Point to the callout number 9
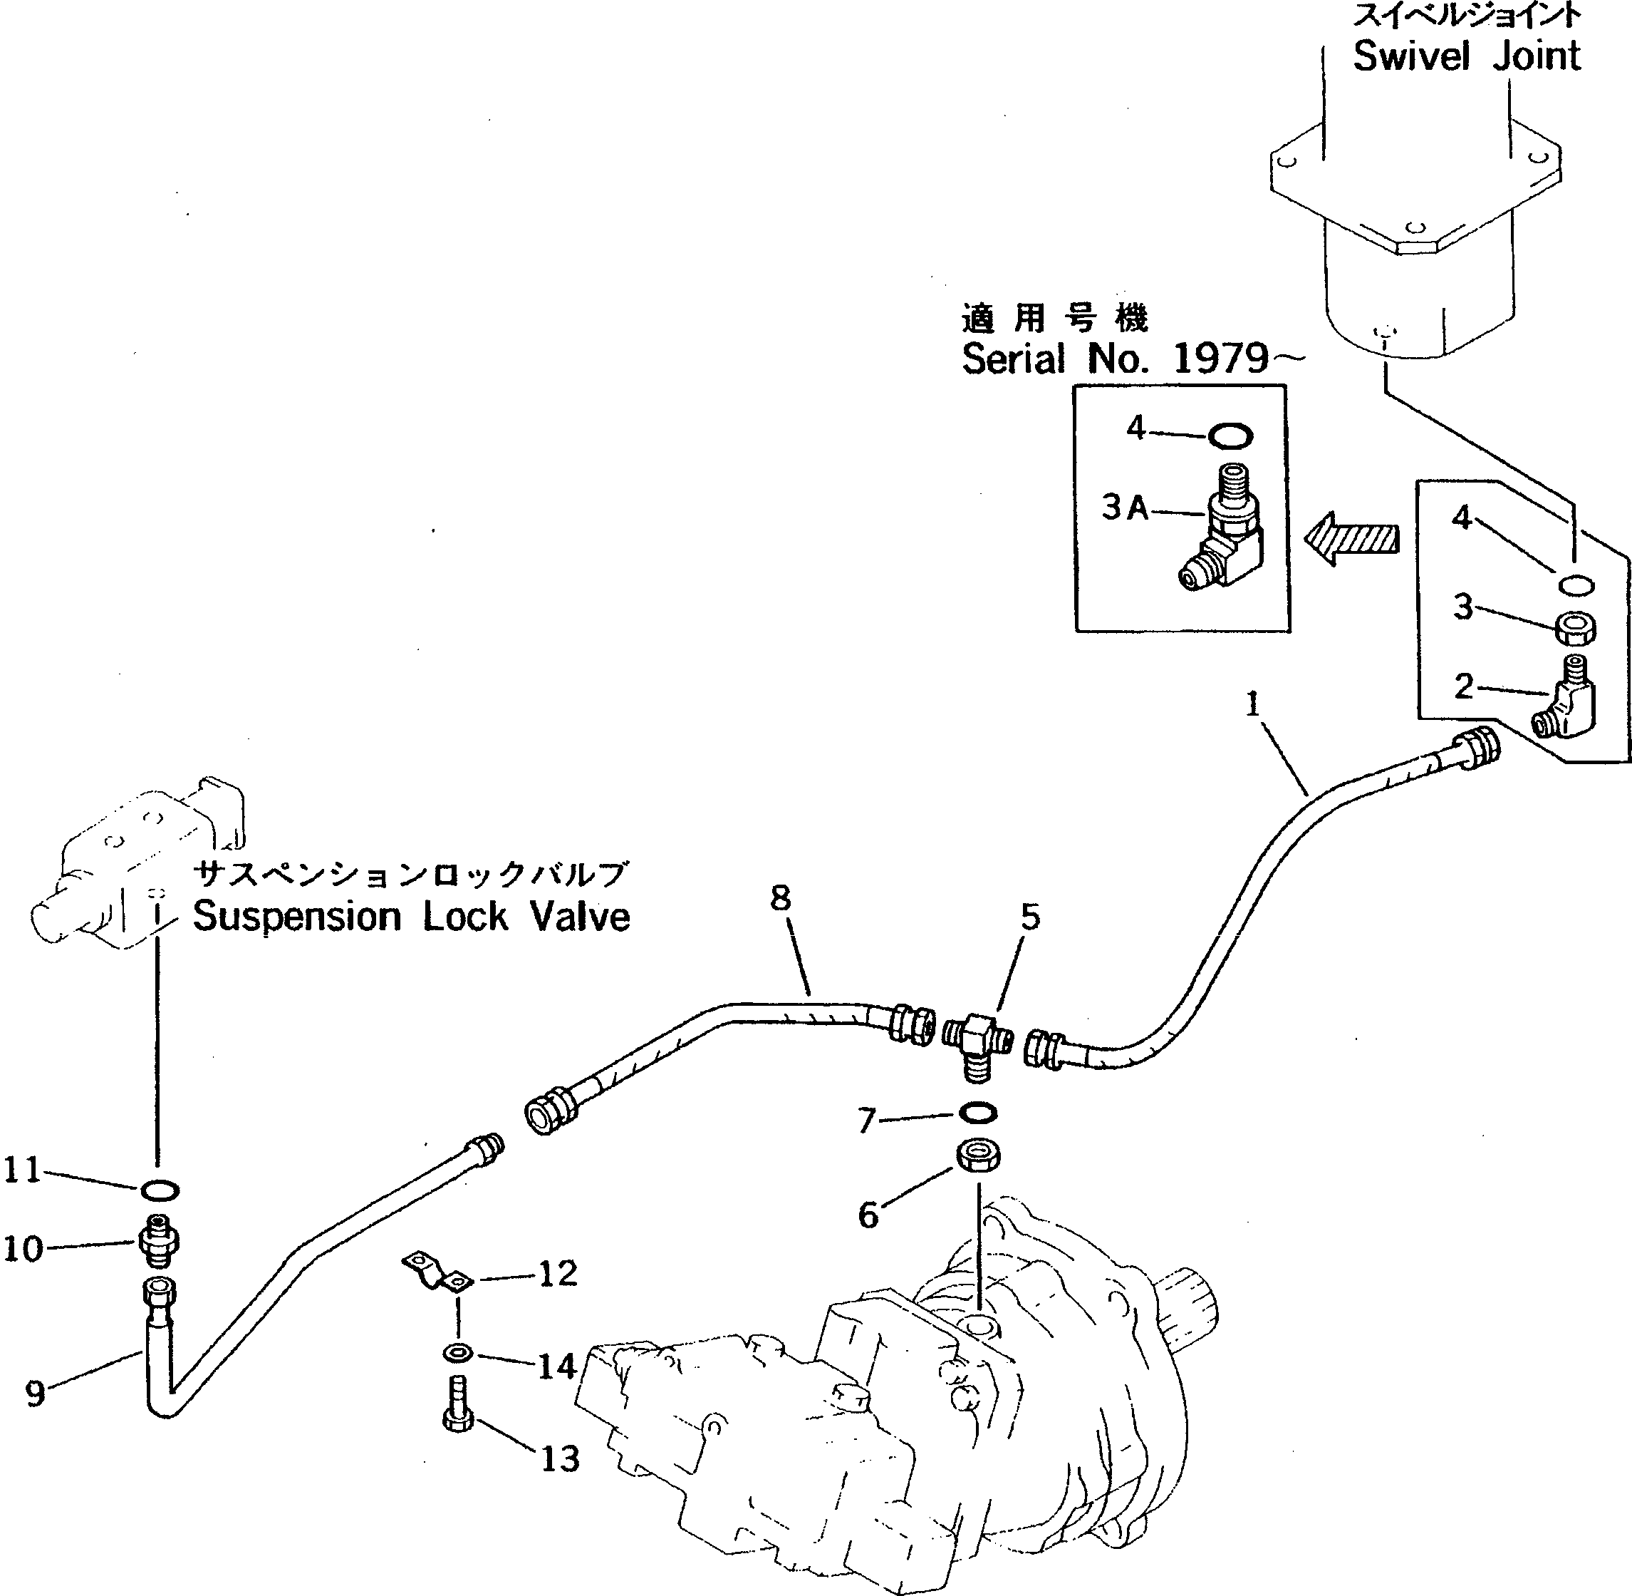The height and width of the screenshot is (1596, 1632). point(34,1393)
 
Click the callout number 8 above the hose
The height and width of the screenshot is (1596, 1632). point(780,900)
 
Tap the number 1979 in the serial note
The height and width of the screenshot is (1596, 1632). point(1221,359)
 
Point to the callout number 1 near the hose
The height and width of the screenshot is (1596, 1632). point(1252,705)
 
